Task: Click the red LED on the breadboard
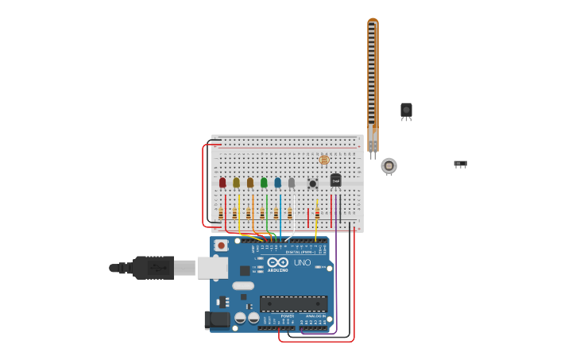point(222,183)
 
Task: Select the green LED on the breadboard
point(264,183)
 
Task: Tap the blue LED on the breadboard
point(277,183)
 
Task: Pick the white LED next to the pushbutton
point(292,183)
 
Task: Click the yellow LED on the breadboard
point(236,183)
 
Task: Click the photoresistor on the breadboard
point(323,161)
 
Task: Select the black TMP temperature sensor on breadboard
point(335,180)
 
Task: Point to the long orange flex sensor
point(373,79)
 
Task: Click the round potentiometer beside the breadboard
point(389,165)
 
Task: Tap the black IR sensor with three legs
point(406,110)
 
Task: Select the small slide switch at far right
point(460,164)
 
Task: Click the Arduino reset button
point(221,246)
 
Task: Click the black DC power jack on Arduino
point(217,319)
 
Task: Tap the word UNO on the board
point(302,262)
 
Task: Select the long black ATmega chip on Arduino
point(293,304)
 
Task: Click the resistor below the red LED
point(221,213)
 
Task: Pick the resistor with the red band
point(317,213)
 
